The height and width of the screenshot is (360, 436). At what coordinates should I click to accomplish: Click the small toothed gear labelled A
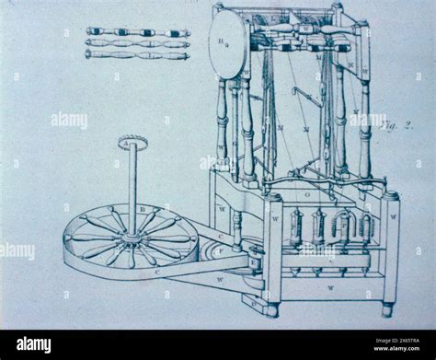coord(132,142)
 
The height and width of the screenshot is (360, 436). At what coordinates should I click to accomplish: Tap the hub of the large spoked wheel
coord(132,238)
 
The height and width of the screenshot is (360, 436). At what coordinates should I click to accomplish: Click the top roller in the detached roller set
coord(138,32)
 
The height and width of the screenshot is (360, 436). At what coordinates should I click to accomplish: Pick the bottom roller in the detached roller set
coord(138,54)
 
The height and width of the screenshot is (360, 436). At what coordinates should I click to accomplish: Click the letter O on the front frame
coord(307,195)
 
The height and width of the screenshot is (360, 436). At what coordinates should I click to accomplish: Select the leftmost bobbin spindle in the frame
coord(296,227)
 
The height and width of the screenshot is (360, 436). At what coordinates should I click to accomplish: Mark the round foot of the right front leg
coord(387,309)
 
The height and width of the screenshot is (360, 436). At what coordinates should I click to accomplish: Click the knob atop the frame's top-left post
coord(218,7)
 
